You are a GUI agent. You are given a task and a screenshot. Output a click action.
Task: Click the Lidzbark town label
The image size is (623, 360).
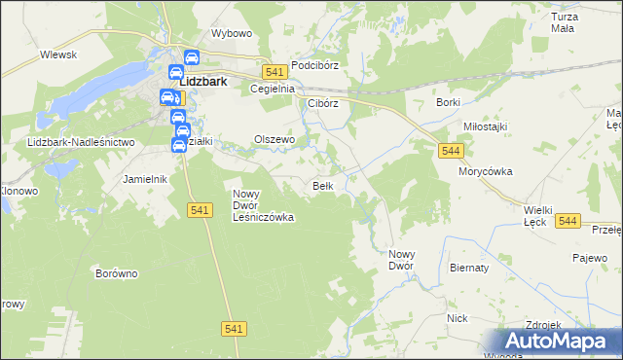[x=202, y=83]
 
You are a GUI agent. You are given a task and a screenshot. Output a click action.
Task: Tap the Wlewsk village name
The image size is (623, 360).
[x=58, y=55]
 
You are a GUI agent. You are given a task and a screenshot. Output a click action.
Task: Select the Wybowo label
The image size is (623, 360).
[x=232, y=33]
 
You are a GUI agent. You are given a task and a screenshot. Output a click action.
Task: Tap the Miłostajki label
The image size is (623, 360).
[x=485, y=126]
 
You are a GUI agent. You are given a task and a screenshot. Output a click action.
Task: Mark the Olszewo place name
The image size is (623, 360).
[x=274, y=139]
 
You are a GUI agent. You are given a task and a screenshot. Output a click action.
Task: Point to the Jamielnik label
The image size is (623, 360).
[x=146, y=179]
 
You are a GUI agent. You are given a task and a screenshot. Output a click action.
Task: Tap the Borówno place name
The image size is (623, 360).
[x=117, y=273]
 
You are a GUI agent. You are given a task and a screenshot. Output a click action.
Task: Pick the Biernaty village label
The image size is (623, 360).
[x=470, y=267]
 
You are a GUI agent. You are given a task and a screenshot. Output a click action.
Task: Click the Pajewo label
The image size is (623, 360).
[x=589, y=259]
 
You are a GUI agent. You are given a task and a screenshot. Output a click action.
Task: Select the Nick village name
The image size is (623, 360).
[x=458, y=318]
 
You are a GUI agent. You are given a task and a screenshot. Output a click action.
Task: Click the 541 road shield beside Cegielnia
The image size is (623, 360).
[x=274, y=72]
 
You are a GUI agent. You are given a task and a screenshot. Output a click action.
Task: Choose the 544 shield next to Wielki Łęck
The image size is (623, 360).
[x=569, y=222]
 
